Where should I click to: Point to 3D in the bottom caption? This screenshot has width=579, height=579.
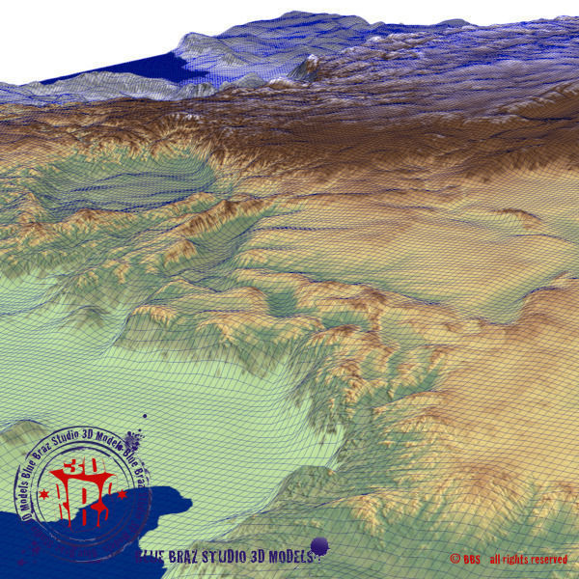point(258,557)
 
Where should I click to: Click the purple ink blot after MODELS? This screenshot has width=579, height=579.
point(319,547)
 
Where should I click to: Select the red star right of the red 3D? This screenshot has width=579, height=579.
point(124,492)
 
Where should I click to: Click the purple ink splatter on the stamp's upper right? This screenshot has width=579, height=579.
point(134,446)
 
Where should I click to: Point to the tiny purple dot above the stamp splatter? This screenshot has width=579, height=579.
point(144,417)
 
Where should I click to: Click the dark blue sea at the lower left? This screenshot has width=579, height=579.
point(58,540)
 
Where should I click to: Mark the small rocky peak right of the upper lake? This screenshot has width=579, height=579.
point(311,66)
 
